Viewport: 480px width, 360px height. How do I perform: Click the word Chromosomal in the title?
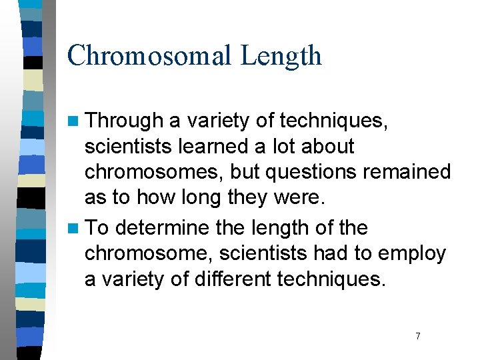tap(150, 55)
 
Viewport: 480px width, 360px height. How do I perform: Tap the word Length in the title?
tap(281, 55)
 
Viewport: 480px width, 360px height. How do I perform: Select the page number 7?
tap(418, 336)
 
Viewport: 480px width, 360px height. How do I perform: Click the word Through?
tap(125, 121)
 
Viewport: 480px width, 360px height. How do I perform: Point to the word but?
tap(246, 172)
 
